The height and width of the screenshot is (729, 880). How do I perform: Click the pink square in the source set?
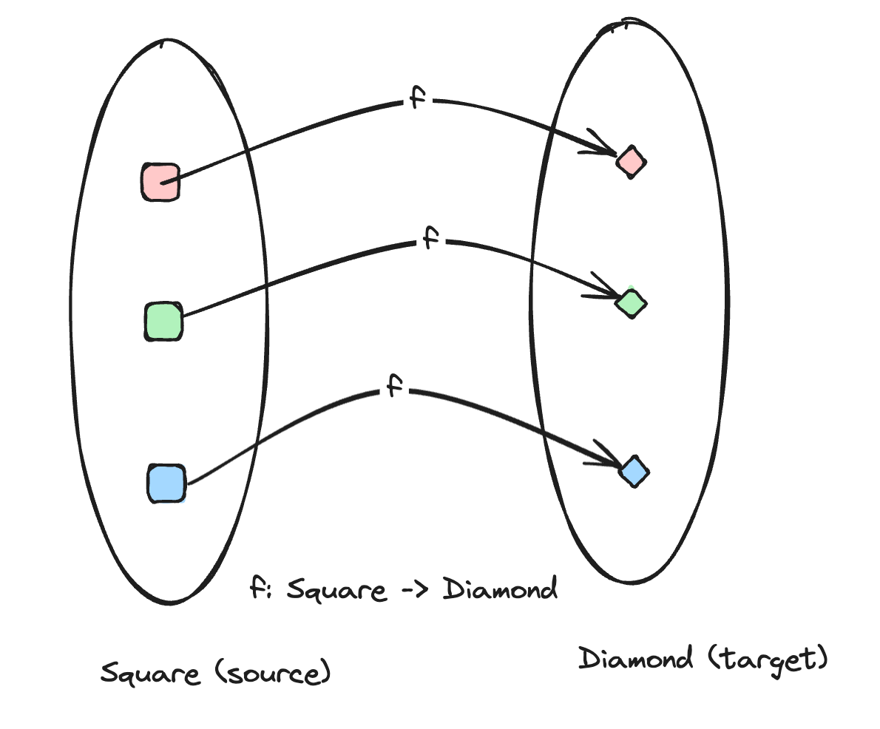[160, 182]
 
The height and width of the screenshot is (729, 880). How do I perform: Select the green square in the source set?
[163, 322]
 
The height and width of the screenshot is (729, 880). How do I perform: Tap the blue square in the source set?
[166, 484]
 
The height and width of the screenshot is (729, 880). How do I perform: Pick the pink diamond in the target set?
[632, 162]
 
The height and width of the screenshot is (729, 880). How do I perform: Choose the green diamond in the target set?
[632, 303]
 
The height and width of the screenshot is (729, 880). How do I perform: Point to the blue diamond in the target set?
[634, 471]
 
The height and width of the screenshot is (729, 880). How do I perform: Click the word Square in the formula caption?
[336, 591]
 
